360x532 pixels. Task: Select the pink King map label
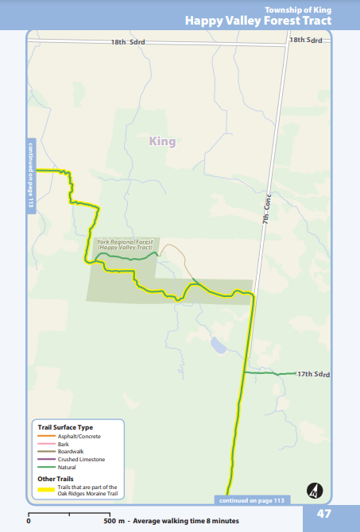161,141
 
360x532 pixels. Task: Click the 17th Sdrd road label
312,373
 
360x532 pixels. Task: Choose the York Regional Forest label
125,244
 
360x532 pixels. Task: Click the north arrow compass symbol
315,490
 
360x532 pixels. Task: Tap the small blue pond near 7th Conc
218,345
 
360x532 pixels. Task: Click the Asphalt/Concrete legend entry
79,437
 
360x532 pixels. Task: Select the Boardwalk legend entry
72,452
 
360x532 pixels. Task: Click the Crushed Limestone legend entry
81,459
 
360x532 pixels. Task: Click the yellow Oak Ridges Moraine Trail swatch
46,490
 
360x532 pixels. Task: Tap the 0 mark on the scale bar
29,521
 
